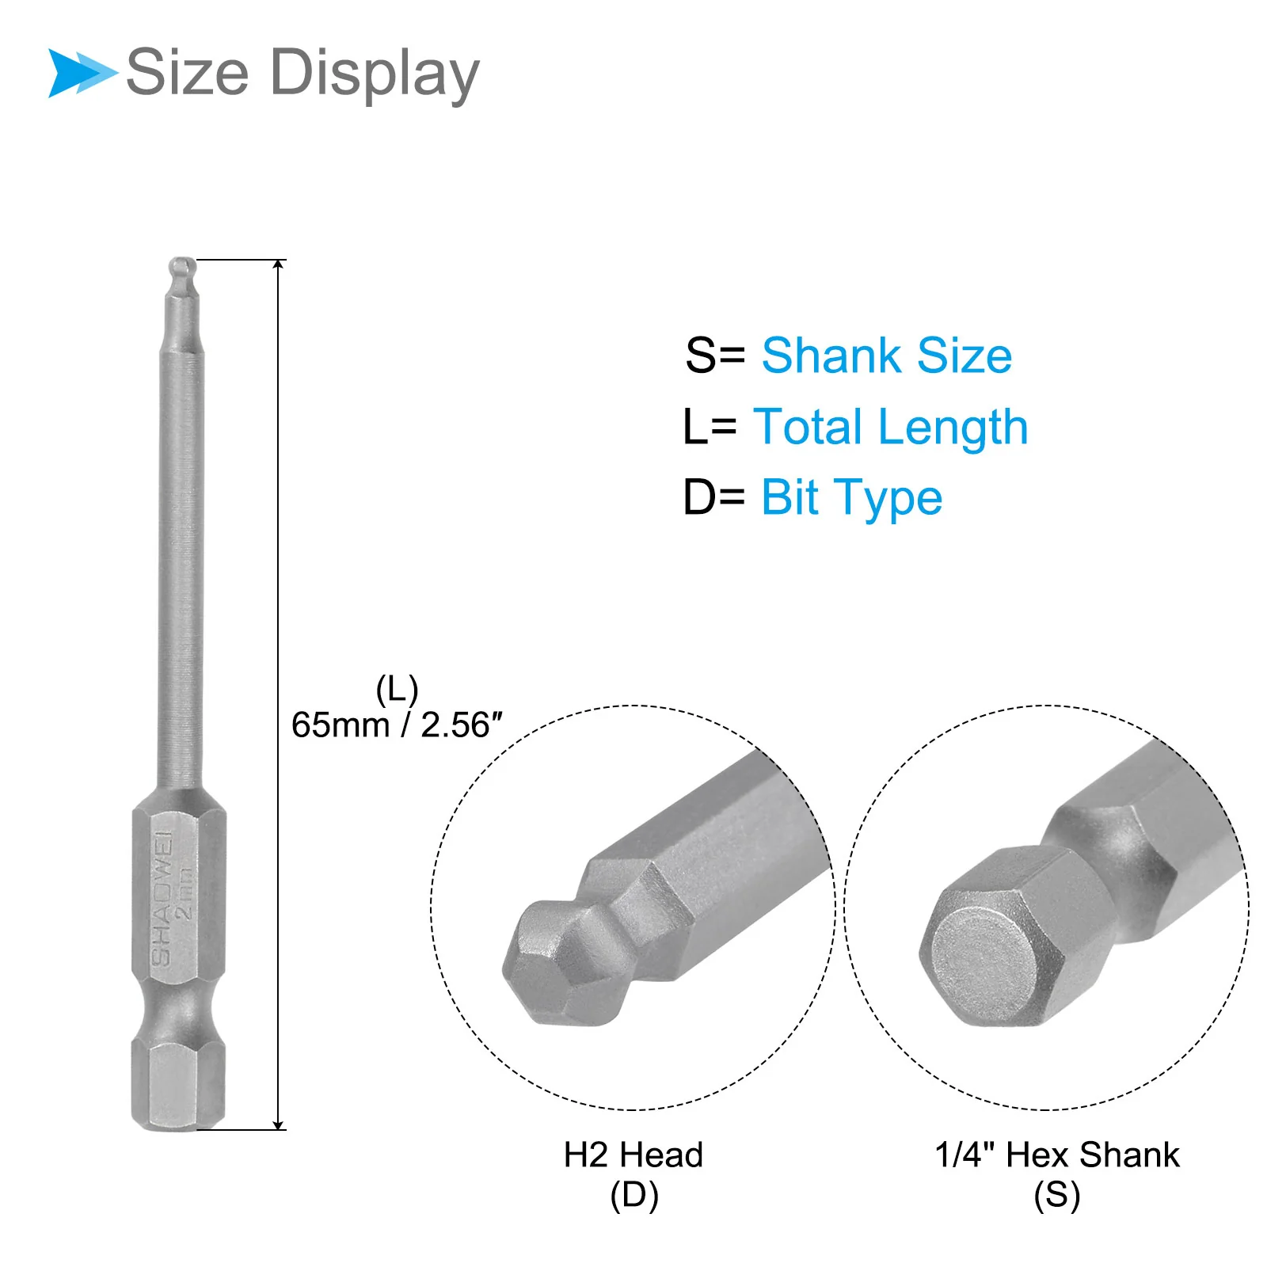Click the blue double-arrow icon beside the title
[x=82, y=73]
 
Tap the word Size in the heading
[x=188, y=72]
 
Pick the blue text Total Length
[x=891, y=428]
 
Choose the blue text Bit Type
[x=852, y=499]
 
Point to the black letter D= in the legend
[x=714, y=498]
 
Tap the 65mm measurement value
[x=341, y=725]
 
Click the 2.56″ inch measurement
[x=462, y=725]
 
